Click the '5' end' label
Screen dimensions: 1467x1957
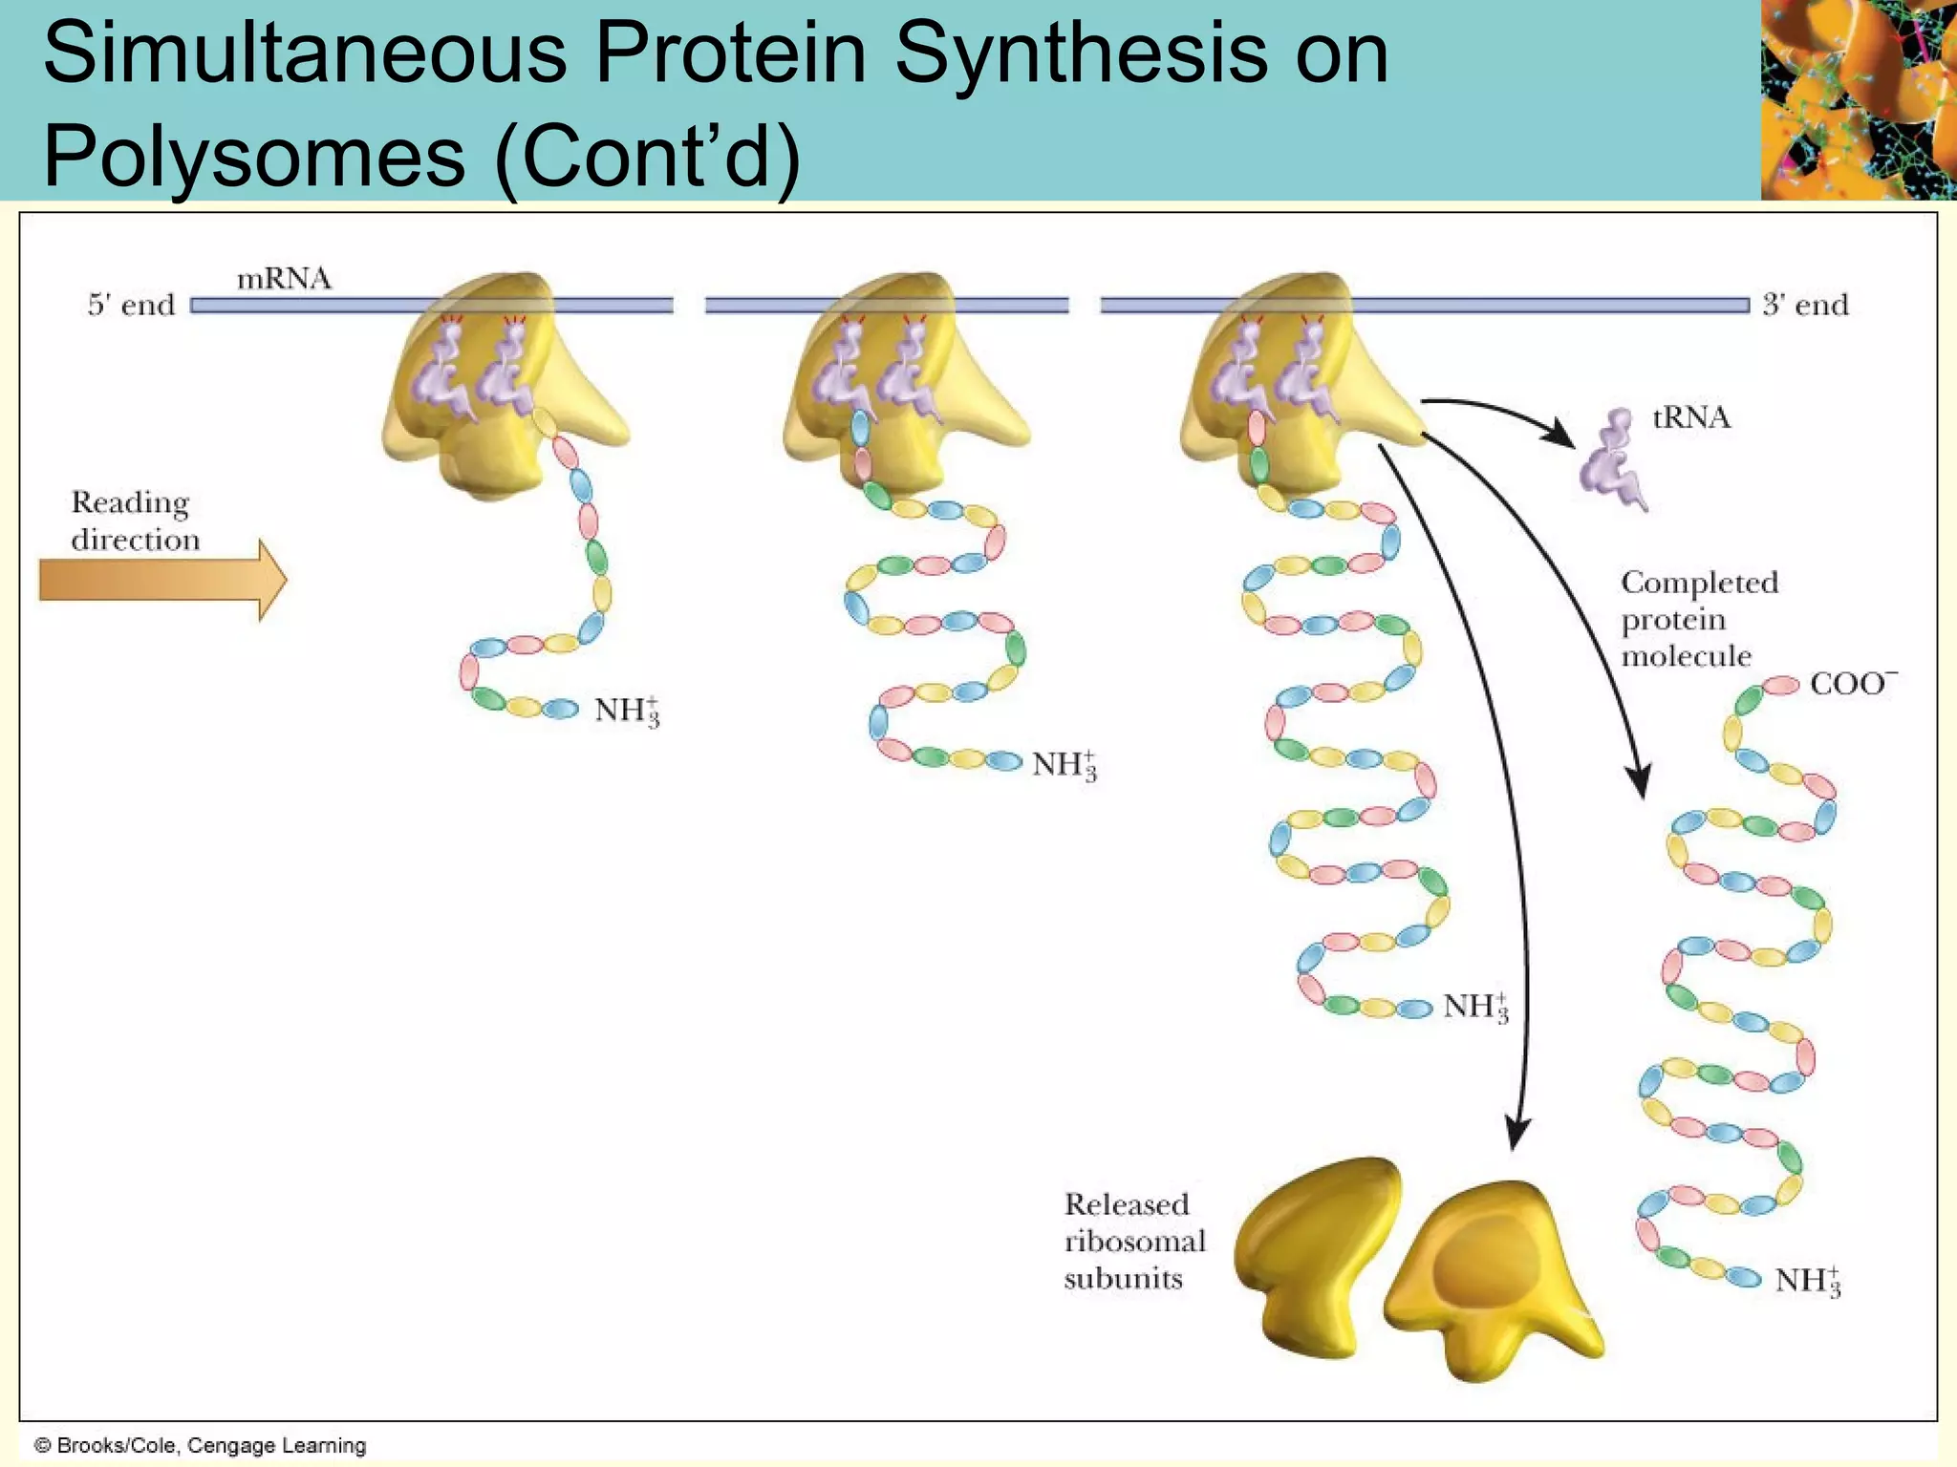(x=132, y=305)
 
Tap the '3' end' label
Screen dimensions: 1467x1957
(x=1805, y=305)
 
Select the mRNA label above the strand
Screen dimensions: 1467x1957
(x=284, y=279)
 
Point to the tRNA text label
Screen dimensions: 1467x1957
(x=1690, y=417)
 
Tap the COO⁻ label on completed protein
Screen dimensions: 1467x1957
(x=1850, y=684)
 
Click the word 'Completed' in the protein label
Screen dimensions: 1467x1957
(x=1699, y=583)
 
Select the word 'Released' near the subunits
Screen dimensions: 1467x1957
(x=1127, y=1204)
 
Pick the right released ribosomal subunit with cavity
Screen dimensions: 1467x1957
(x=1492, y=1280)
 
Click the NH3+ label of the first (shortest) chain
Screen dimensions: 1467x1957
(x=626, y=711)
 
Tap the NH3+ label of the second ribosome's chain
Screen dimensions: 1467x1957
(x=1064, y=764)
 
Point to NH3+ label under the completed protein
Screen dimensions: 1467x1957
(x=1806, y=1280)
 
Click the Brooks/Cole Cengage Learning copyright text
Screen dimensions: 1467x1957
(x=201, y=1445)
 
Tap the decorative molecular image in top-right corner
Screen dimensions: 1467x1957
(x=1858, y=99)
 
